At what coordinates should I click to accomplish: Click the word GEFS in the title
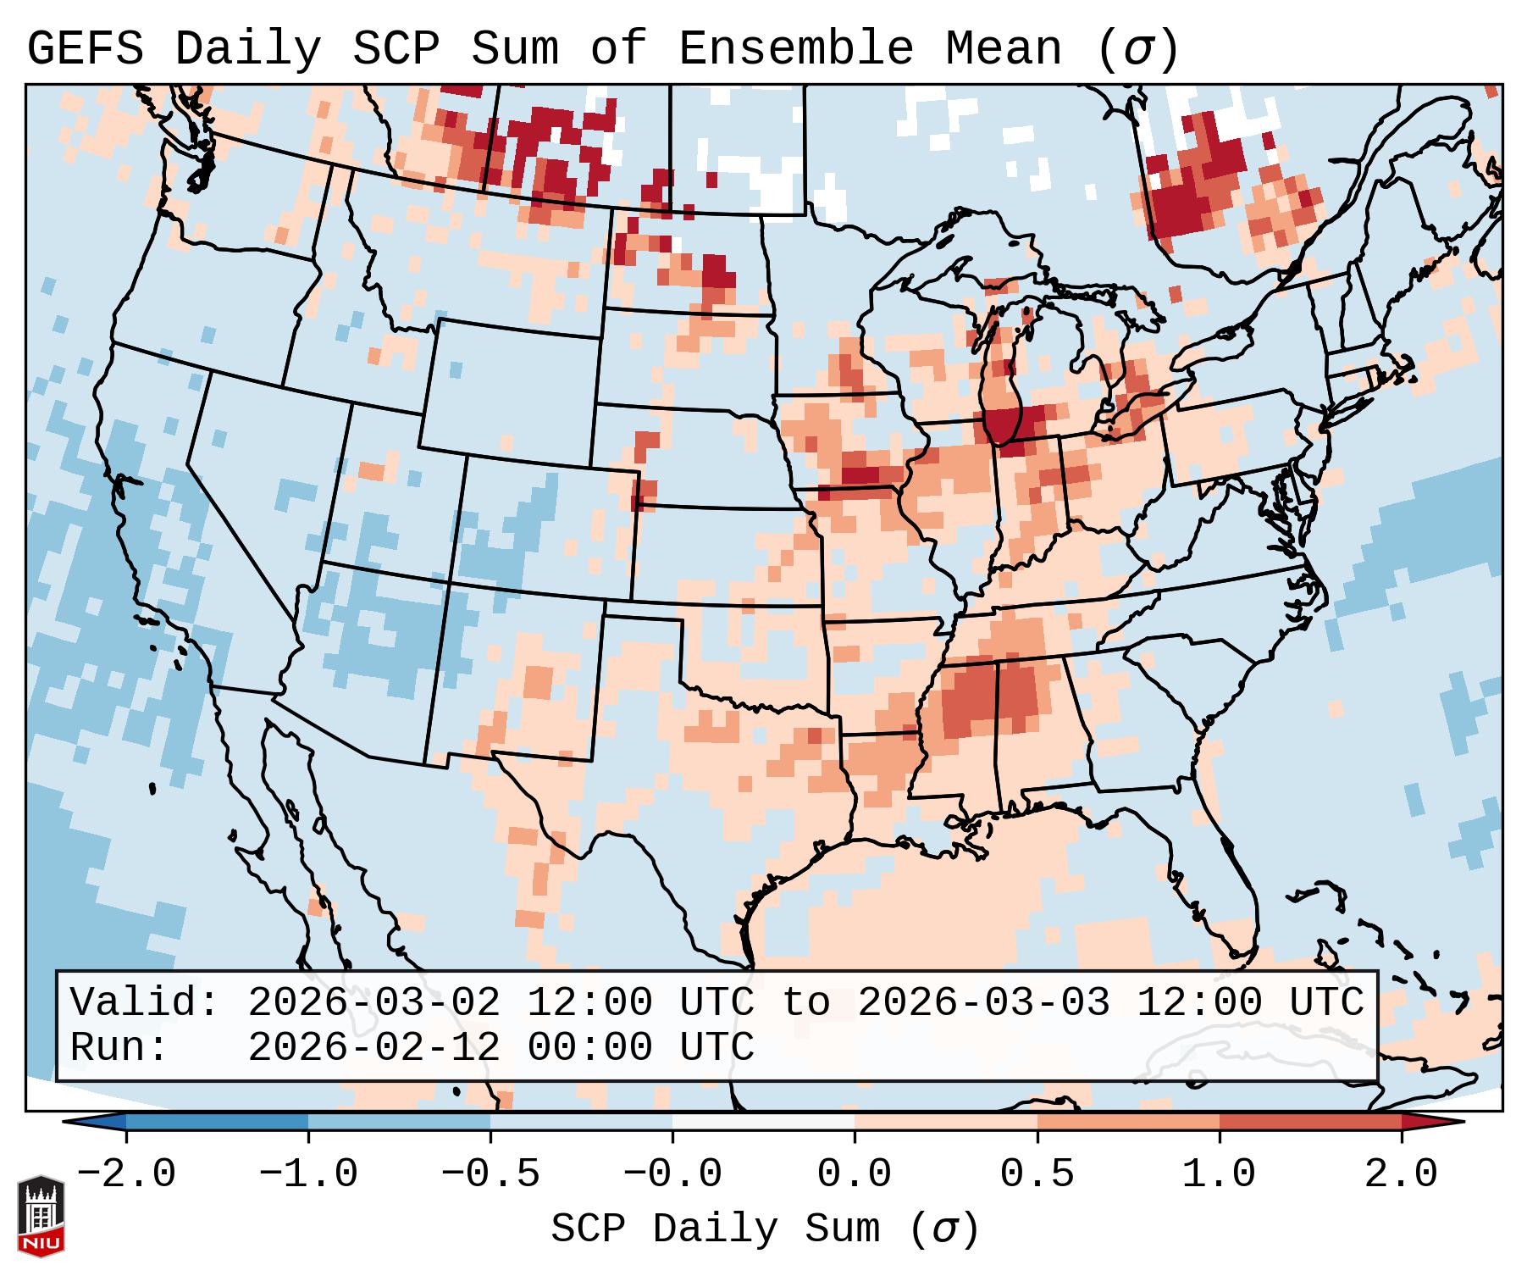point(85,48)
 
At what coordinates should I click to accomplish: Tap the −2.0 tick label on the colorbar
point(126,1174)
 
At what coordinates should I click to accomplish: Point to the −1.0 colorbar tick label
point(308,1174)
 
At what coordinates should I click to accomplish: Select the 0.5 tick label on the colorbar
point(1037,1174)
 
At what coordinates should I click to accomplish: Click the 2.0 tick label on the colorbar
point(1401,1174)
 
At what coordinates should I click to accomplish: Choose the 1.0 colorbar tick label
point(1219,1174)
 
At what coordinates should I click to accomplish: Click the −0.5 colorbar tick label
point(490,1174)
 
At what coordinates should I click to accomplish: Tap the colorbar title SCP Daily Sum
point(715,1229)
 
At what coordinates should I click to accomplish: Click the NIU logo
point(40,1216)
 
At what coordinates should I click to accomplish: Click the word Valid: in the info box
point(145,1003)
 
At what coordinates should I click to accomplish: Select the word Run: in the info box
point(119,1047)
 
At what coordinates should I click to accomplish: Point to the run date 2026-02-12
point(373,1047)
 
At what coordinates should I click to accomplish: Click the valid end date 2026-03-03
point(983,1003)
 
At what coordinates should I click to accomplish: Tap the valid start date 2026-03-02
point(373,1003)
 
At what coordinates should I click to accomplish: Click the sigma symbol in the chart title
point(1137,50)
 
